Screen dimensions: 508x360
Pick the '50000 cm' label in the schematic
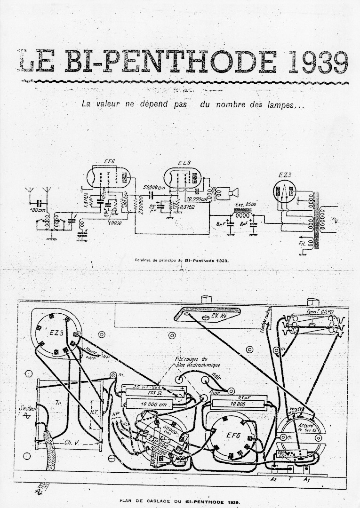tap(153, 187)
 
